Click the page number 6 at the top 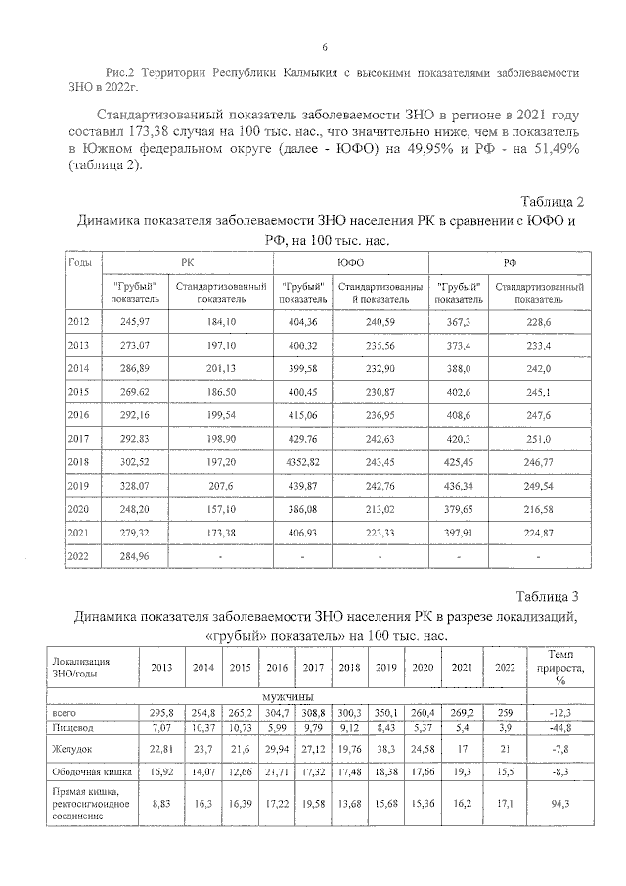[324, 47]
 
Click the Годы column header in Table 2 [79, 262]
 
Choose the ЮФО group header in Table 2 [350, 262]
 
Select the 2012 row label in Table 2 [79, 321]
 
